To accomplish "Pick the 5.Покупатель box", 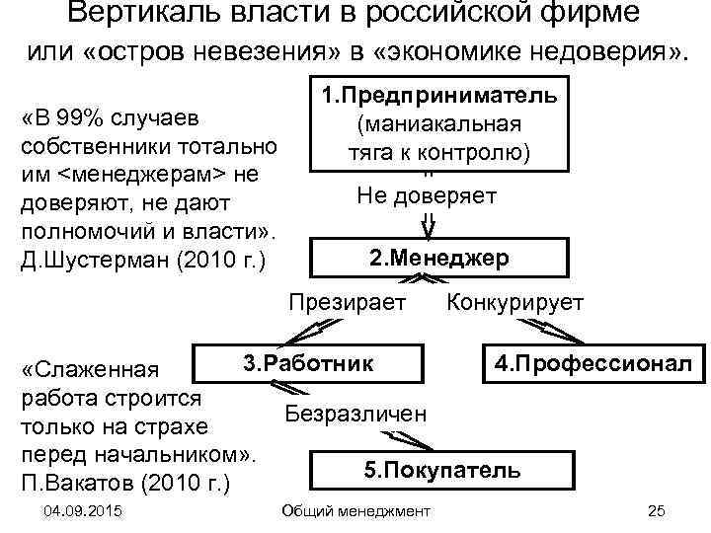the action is point(442,470).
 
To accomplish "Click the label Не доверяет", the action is point(427,195).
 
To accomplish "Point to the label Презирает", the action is point(347,302).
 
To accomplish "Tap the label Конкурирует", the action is point(515,302).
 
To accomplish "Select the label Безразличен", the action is point(356,413).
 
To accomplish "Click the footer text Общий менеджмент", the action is point(356,509).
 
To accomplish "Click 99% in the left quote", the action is point(89,119).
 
